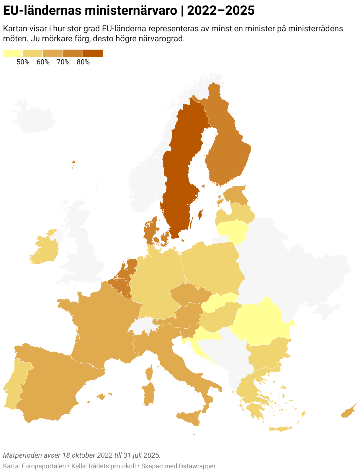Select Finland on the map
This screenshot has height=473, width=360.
point(227,148)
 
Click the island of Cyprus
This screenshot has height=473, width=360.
point(348,412)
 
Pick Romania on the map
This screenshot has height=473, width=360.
point(260,322)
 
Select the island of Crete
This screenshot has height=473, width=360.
point(280,429)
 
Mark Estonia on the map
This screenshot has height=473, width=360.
point(236,193)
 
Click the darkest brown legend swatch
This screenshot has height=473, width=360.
point(93,53)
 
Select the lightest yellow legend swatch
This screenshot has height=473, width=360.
point(13,53)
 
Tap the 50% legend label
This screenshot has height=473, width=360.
point(23,62)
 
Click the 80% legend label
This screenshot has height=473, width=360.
point(83,62)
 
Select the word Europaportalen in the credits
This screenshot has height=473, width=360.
point(44,466)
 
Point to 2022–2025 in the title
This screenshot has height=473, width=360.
point(221,11)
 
